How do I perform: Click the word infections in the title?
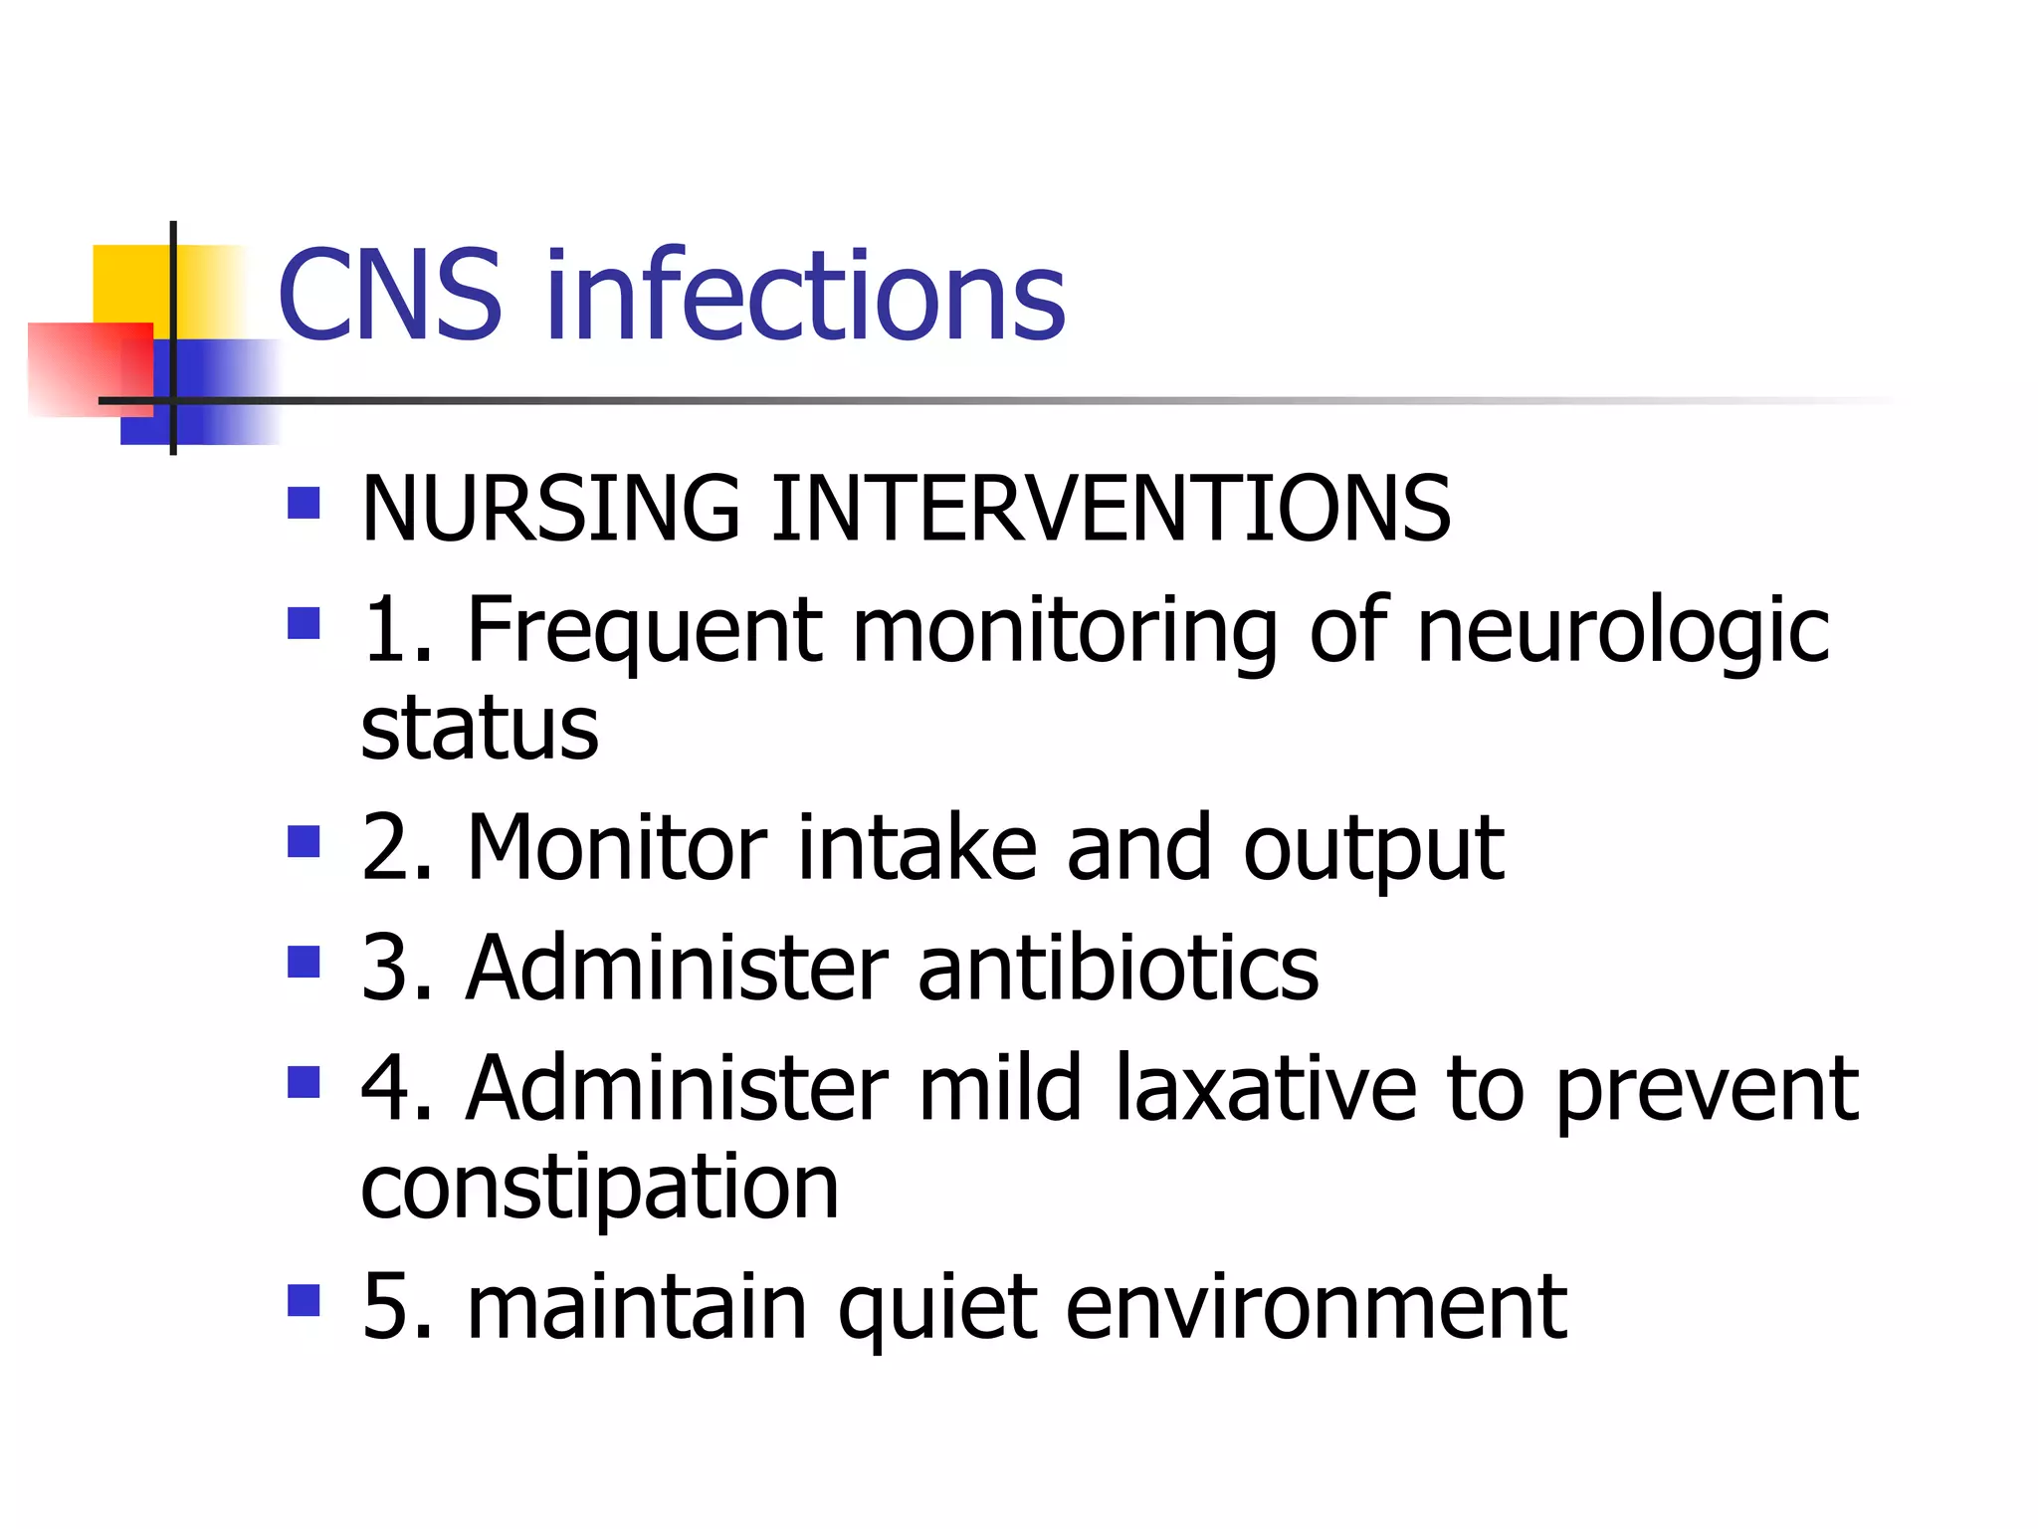(806, 296)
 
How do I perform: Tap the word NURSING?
(551, 509)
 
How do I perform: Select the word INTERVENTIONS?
(1111, 509)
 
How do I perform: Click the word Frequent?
(645, 630)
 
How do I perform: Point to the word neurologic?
(1622, 630)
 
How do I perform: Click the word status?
(480, 729)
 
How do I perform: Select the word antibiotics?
(1119, 968)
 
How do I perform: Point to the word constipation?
(600, 1189)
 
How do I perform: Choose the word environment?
(1316, 1306)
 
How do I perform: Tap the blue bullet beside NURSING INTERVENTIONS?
(304, 504)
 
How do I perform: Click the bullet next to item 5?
(304, 1300)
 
